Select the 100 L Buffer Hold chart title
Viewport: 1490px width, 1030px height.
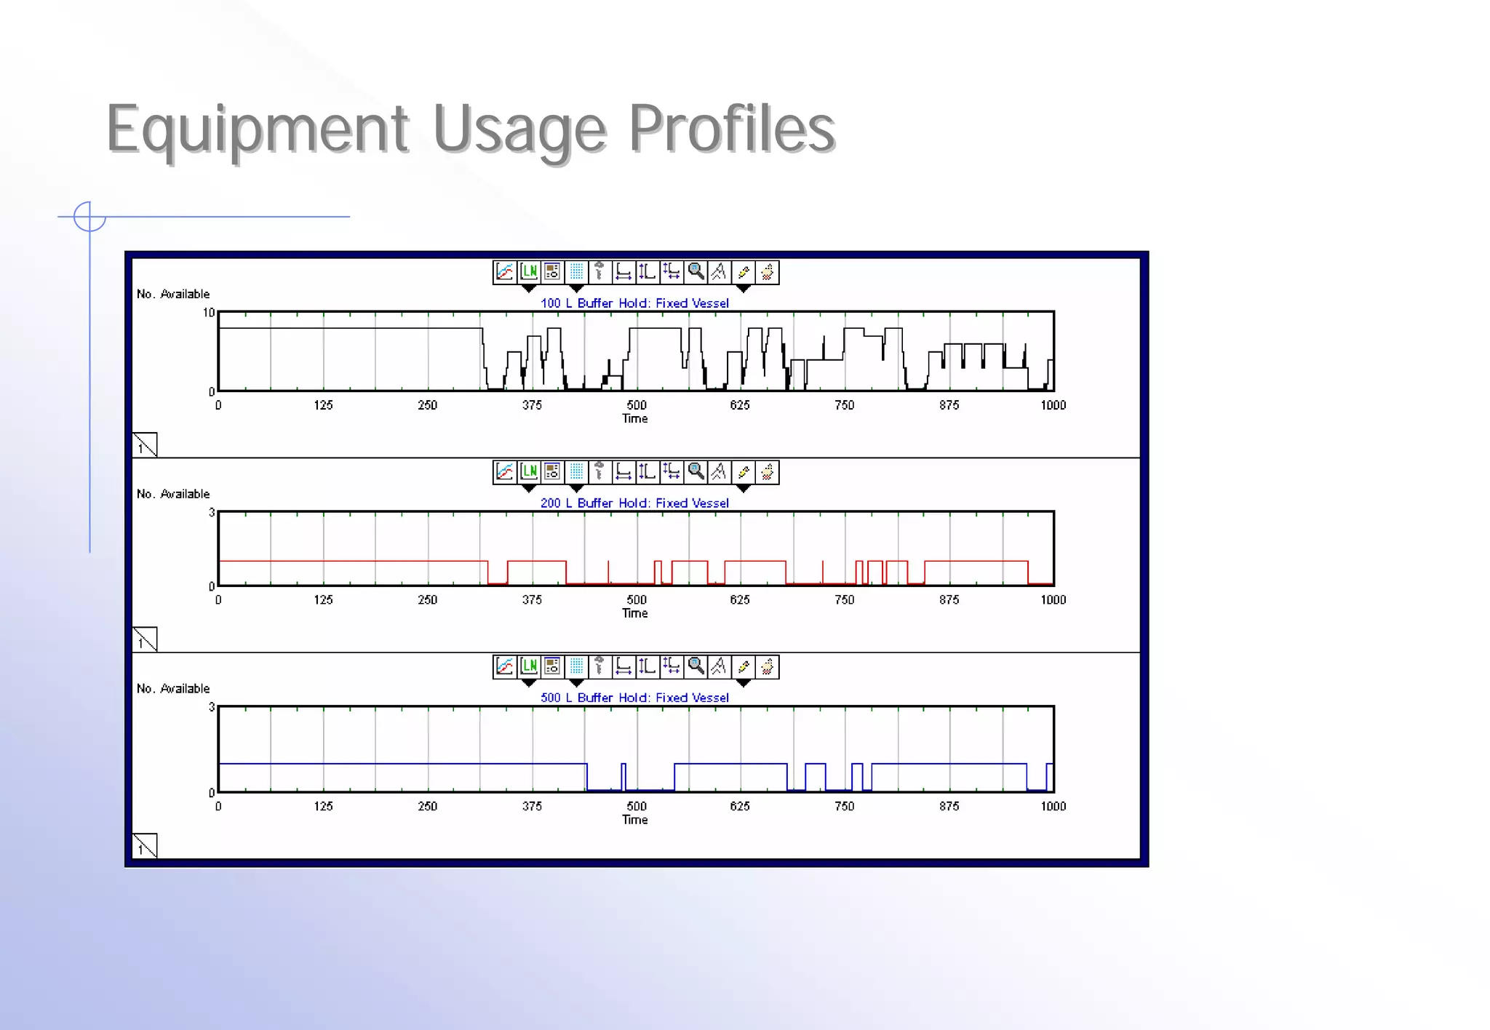click(634, 303)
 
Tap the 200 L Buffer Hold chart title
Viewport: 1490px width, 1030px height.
click(634, 503)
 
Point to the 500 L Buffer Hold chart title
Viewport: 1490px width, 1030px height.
click(634, 698)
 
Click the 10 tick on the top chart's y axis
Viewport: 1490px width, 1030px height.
click(209, 314)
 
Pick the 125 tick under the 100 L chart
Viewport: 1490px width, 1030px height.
click(323, 405)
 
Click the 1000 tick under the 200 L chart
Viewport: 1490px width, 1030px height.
click(1053, 600)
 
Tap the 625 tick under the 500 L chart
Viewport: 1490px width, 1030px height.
click(740, 806)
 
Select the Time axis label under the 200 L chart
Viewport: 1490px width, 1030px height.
click(634, 613)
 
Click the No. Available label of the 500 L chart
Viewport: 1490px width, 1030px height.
click(173, 689)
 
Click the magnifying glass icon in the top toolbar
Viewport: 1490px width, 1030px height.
click(696, 272)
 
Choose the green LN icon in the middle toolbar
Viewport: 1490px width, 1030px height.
click(529, 472)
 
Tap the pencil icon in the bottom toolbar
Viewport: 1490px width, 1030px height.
click(743, 666)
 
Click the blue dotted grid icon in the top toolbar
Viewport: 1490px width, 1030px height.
click(576, 272)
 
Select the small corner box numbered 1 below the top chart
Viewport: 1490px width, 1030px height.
click(145, 444)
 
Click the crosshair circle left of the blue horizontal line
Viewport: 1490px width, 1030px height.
click(89, 217)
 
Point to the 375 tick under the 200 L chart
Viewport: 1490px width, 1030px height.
click(532, 600)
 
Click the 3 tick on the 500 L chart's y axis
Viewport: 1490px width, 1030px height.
click(212, 707)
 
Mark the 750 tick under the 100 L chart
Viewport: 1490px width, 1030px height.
click(844, 405)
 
